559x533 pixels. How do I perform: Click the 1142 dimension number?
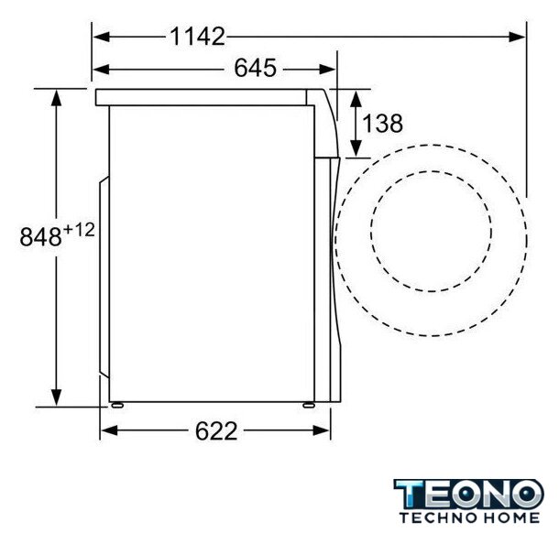[x=197, y=37]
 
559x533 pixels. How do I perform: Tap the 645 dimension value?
[x=255, y=68]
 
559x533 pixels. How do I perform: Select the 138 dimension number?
[x=382, y=123]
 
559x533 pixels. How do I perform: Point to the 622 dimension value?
[x=216, y=430]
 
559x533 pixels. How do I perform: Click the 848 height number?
[x=40, y=236]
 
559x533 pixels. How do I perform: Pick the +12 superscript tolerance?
[x=79, y=230]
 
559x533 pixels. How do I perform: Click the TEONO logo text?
[x=468, y=495]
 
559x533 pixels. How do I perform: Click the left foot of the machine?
[x=117, y=405]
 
